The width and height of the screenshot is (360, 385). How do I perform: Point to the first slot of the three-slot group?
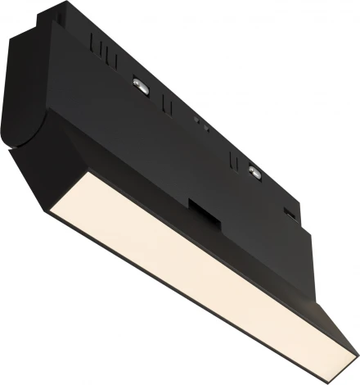point(93,58)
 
